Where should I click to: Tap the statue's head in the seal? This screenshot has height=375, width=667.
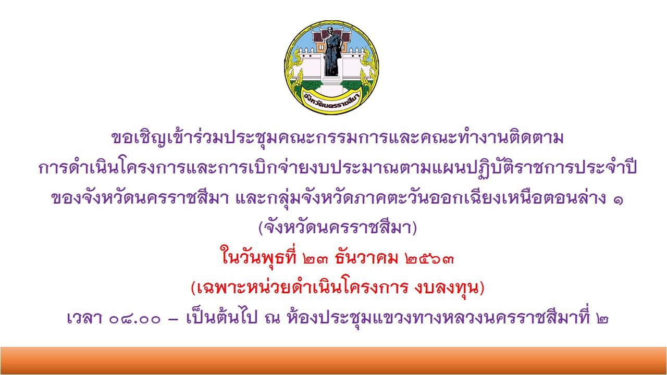330,30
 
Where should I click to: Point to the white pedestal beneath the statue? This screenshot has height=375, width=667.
332,85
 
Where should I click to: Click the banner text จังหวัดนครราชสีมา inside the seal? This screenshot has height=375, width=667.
332,103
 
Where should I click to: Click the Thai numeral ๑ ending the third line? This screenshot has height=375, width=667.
617,199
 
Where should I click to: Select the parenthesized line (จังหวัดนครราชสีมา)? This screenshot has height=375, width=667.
337,228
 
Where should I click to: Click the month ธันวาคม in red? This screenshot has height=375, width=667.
366,257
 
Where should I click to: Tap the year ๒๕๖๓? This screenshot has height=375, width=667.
429,259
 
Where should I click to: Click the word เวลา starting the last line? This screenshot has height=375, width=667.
85,318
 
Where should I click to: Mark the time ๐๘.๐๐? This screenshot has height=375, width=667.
134,320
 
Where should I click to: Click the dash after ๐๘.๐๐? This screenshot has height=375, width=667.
173,320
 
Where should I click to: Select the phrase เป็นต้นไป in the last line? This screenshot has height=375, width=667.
221,317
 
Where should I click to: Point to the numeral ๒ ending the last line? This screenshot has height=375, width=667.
602,319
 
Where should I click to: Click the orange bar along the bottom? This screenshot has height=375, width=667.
333,360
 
